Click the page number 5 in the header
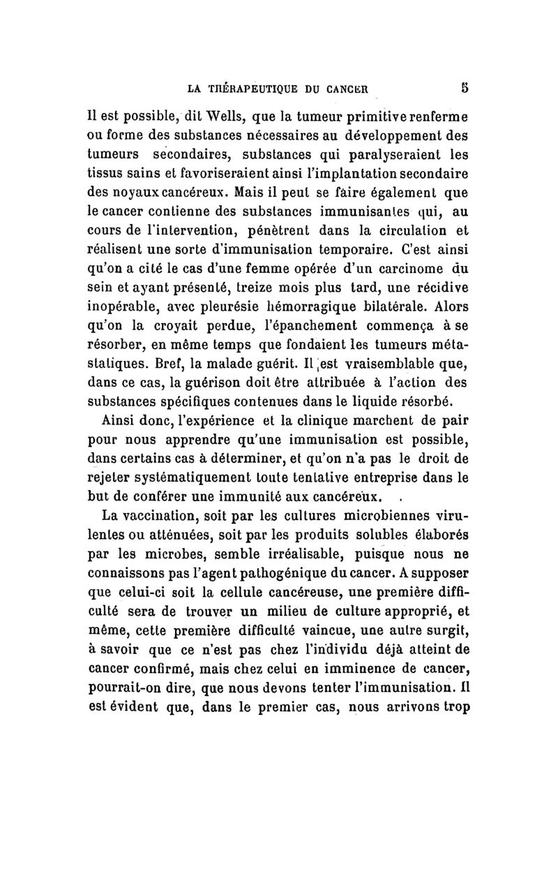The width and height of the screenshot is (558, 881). pyautogui.click(x=462, y=89)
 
